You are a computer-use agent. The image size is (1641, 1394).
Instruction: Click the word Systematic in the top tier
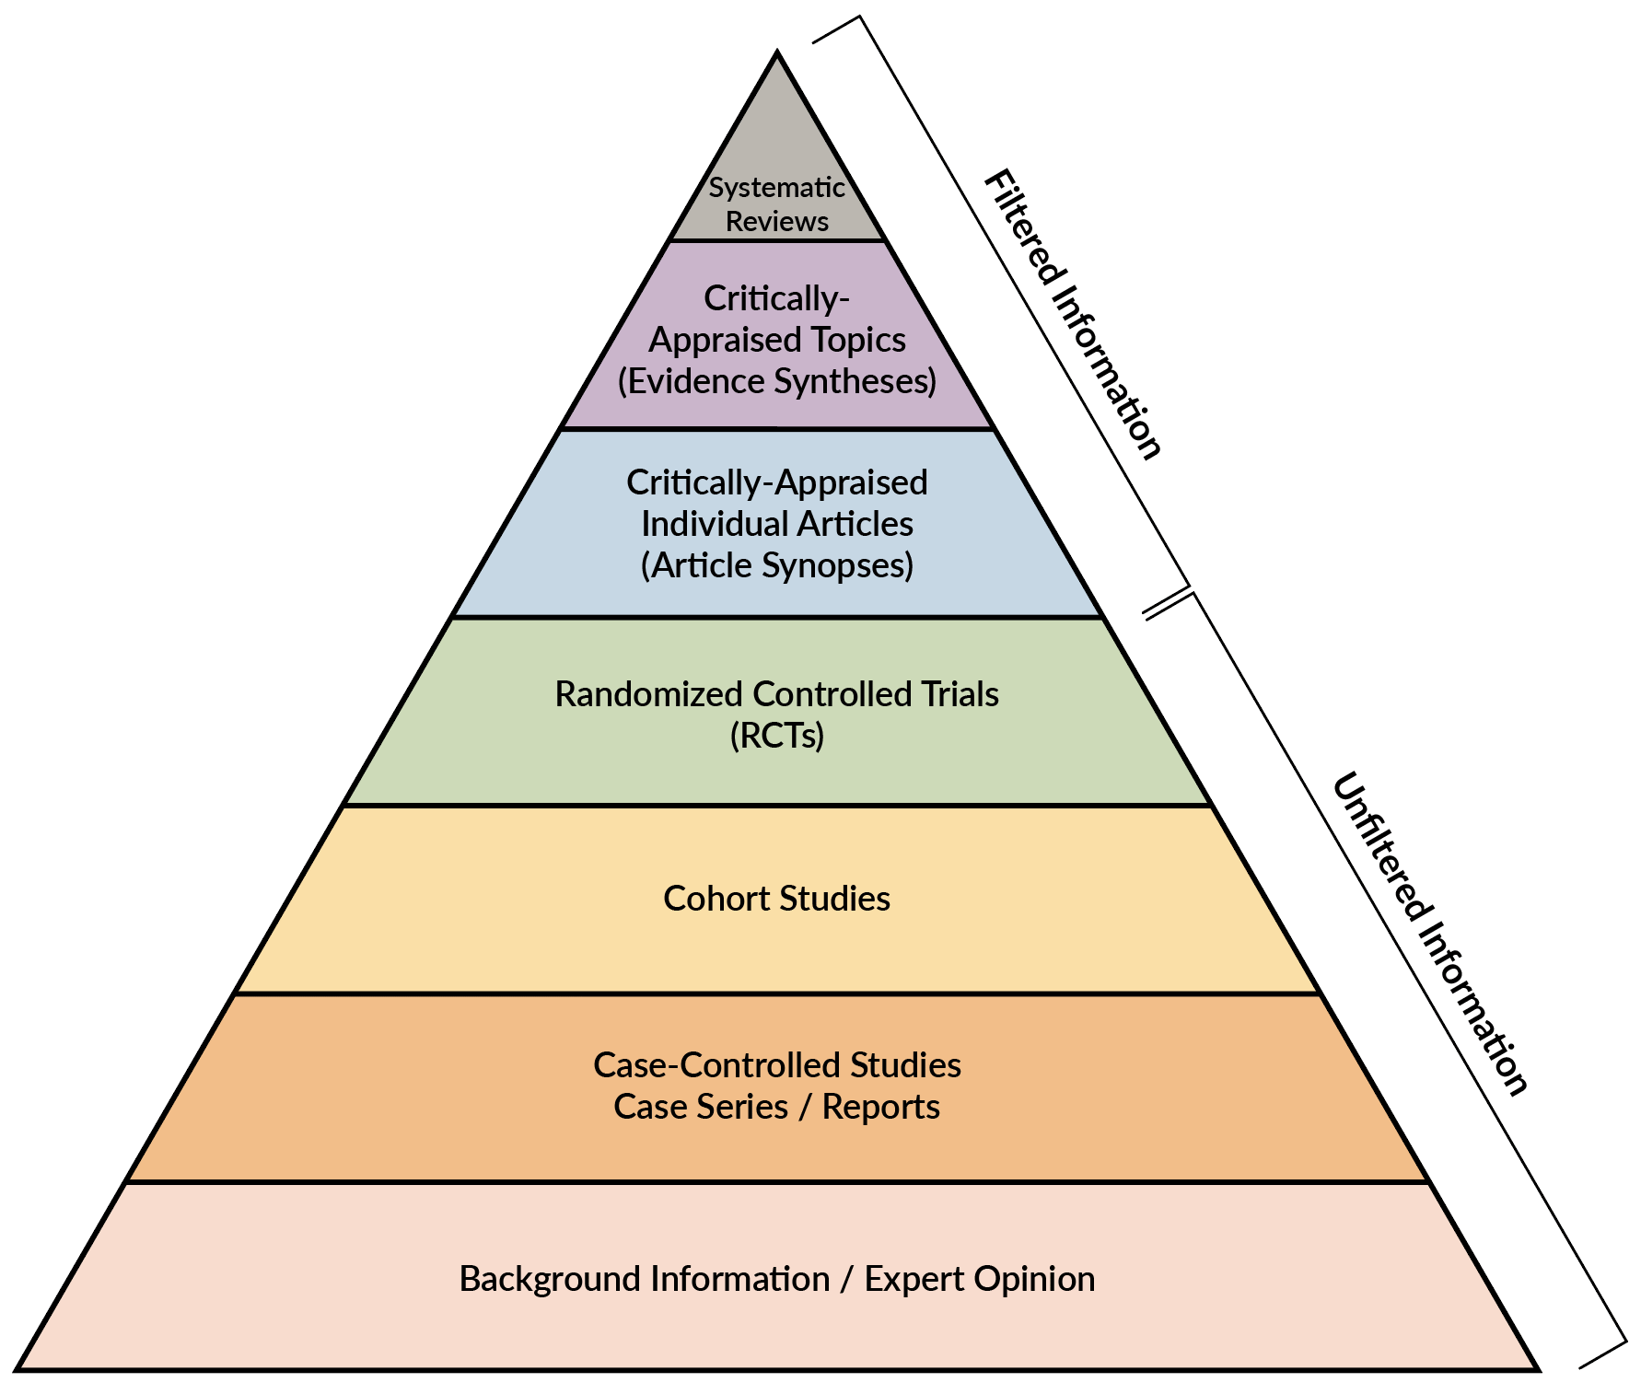click(776, 188)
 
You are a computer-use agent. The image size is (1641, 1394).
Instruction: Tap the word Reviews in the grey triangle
click(776, 222)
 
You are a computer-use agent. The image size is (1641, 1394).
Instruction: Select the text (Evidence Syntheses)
click(776, 381)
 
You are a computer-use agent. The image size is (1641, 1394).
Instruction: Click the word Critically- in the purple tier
click(776, 298)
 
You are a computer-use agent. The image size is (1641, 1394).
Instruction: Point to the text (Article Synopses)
click(776, 565)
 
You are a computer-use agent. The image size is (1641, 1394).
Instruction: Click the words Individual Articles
click(776, 524)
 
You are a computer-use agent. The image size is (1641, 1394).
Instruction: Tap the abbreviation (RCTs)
click(776, 736)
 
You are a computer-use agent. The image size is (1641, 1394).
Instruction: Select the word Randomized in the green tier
click(649, 694)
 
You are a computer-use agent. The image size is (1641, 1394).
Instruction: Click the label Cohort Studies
click(776, 899)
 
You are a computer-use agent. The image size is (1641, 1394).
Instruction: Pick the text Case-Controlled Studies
click(776, 1065)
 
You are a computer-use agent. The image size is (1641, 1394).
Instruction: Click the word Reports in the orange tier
click(880, 1107)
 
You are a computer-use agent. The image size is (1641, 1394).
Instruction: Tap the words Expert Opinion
click(979, 1279)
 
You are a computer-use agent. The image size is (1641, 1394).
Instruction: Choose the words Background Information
click(644, 1279)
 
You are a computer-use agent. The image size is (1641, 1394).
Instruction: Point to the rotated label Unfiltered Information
click(1430, 933)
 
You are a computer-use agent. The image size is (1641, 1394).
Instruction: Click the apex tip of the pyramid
click(777, 55)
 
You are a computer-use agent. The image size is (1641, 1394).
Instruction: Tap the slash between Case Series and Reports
click(805, 1108)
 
